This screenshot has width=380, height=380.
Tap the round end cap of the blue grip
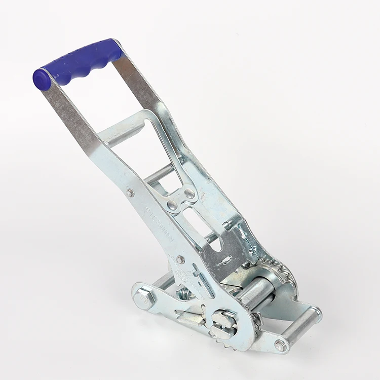pyautogui.click(x=41, y=80)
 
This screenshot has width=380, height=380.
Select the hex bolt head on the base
pyautogui.click(x=144, y=299)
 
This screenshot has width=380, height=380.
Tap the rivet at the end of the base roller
pyautogui.click(x=280, y=346)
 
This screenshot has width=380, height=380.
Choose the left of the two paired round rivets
pyautogui.click(x=172, y=205)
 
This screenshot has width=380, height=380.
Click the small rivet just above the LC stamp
pyautogui.click(x=131, y=192)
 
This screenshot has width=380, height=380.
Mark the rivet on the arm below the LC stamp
pyautogui.click(x=180, y=260)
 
